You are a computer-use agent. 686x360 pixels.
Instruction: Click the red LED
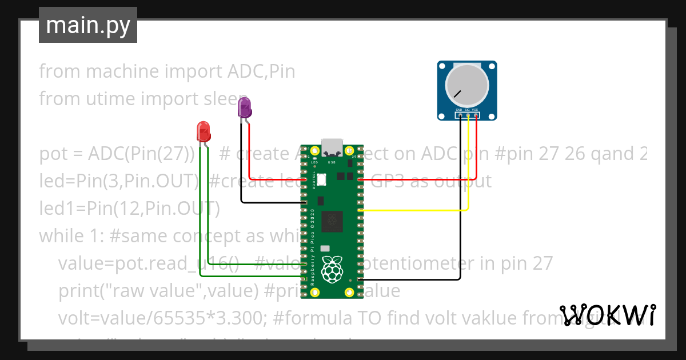click(x=204, y=131)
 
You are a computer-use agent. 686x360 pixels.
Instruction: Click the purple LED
click(x=245, y=108)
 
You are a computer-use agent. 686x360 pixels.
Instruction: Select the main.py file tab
click(x=88, y=25)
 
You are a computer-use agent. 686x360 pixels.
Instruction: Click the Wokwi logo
click(x=607, y=315)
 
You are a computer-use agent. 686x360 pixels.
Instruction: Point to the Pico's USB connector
click(x=332, y=147)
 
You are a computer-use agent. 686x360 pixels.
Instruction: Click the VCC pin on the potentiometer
click(x=476, y=115)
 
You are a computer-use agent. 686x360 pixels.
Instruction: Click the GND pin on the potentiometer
click(x=460, y=115)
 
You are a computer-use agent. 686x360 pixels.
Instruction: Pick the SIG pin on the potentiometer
click(x=468, y=115)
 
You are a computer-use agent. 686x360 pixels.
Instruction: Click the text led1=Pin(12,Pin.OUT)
click(x=129, y=209)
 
